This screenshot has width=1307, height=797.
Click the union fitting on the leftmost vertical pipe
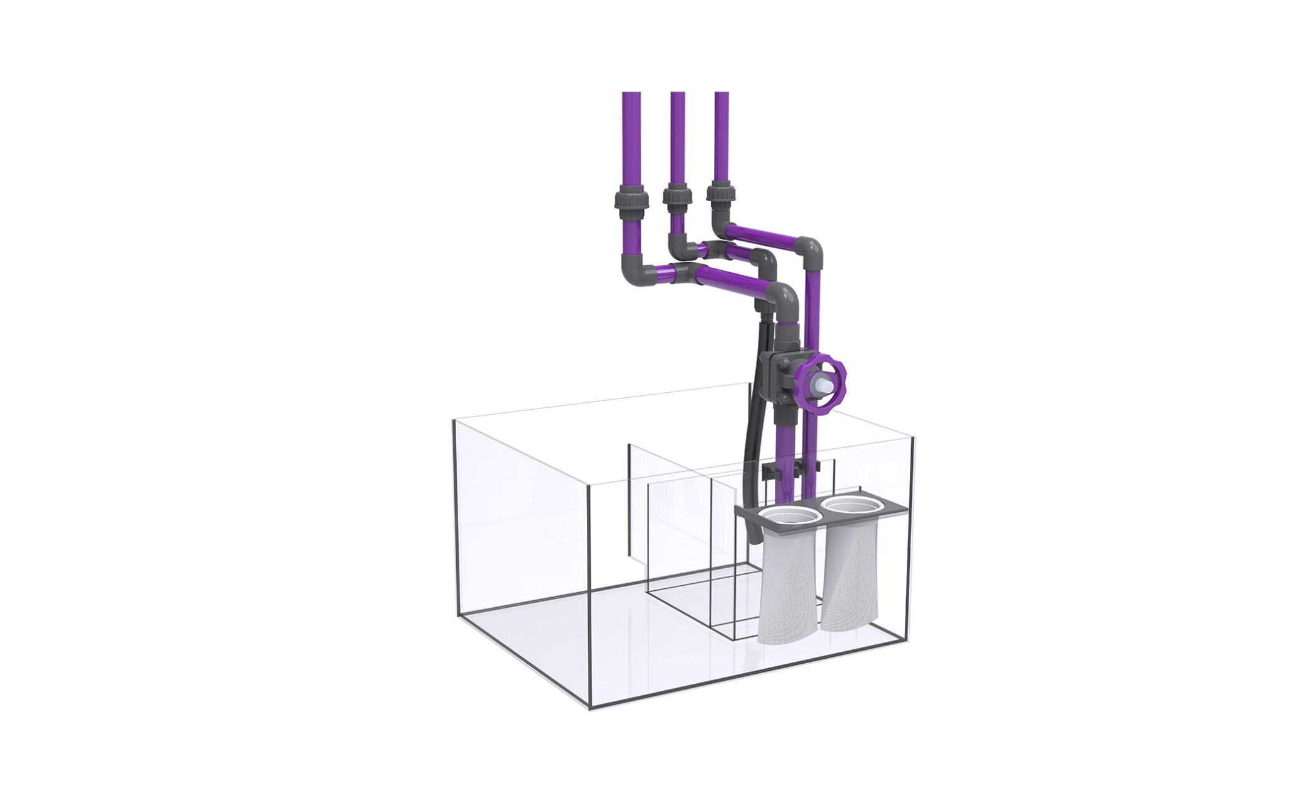coord(631,202)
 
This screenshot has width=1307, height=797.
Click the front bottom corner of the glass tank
coord(589,707)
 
